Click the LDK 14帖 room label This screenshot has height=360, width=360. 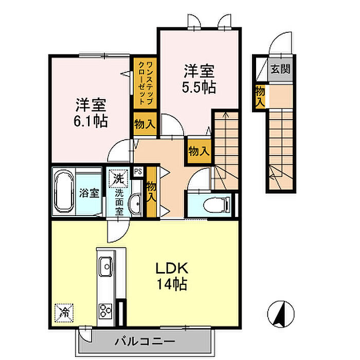tap(171, 275)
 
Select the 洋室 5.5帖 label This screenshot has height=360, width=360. tap(199, 79)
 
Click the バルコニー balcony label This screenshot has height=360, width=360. tap(145, 341)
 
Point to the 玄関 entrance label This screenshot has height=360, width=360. tap(280, 68)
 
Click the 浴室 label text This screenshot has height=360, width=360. tap(89, 193)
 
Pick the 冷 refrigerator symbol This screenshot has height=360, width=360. tap(65, 311)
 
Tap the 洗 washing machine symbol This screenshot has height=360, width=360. tap(119, 179)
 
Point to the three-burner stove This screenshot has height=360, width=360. tap(106, 310)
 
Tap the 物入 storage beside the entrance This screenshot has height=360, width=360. tap(260, 97)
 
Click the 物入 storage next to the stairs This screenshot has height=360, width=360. tap(199, 151)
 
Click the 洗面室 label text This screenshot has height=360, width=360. tap(119, 202)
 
